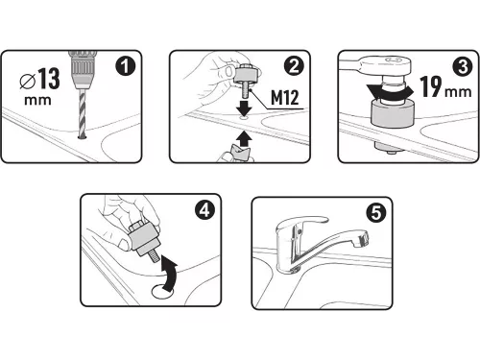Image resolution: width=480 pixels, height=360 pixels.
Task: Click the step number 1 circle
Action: pyautogui.click(x=126, y=66)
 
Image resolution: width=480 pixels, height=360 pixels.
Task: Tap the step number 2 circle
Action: pyautogui.click(x=294, y=66)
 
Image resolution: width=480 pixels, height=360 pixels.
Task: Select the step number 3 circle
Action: pyautogui.click(x=463, y=66)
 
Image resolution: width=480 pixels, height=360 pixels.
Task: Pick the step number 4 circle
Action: pyautogui.click(x=204, y=210)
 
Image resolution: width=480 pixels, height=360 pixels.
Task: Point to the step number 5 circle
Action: pyautogui.click(x=376, y=213)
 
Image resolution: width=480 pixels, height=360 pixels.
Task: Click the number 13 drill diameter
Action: pyautogui.click(x=49, y=79)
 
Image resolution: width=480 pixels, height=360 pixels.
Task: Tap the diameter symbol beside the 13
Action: pyautogui.click(x=27, y=81)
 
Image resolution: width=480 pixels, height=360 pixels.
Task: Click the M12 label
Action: pyautogui.click(x=285, y=97)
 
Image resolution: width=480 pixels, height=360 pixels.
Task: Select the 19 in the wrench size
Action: pyautogui.click(x=431, y=86)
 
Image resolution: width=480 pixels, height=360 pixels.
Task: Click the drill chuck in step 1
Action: pyautogui.click(x=82, y=70)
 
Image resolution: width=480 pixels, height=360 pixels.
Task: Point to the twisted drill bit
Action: pyautogui.click(x=83, y=114)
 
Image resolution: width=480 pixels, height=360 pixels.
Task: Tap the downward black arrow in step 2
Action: pyautogui.click(x=244, y=108)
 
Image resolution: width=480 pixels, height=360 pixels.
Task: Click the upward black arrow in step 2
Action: pyautogui.click(x=244, y=138)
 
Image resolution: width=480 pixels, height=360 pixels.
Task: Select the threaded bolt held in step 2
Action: pyautogui.click(x=246, y=90)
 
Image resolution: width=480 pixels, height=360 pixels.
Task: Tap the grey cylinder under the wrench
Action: pyautogui.click(x=393, y=113)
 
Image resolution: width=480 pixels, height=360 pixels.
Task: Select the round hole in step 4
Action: pyautogui.click(x=162, y=291)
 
